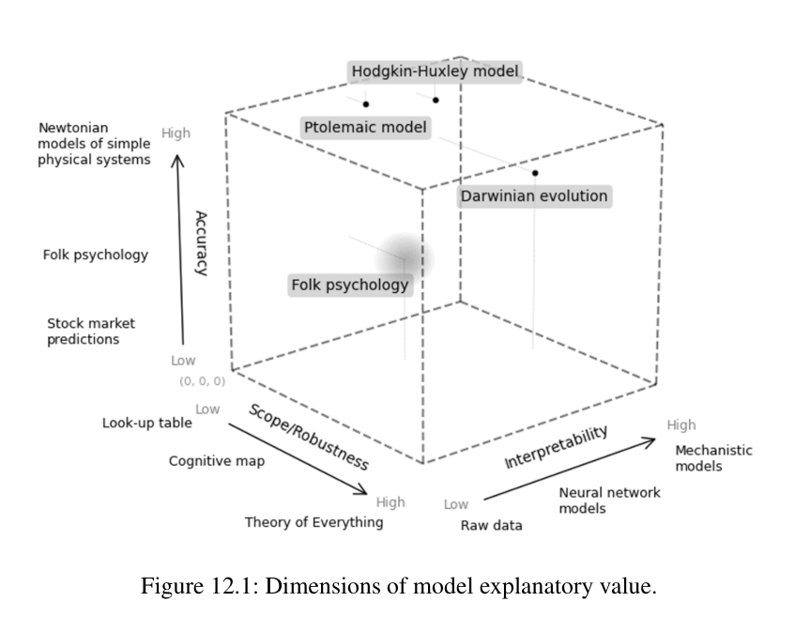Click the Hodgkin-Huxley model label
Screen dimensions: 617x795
[x=435, y=71]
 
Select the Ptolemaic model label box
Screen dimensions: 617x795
[x=366, y=128]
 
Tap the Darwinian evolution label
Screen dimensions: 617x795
[x=534, y=197]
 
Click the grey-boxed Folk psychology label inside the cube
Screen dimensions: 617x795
[x=350, y=285]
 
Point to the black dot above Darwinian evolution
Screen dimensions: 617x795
[x=535, y=173]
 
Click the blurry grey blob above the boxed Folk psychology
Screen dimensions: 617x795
[x=405, y=255]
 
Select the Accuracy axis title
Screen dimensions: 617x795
[x=200, y=242]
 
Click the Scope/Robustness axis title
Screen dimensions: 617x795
[x=308, y=437]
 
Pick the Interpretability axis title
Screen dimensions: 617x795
[x=557, y=447]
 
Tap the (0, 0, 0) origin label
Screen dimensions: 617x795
[x=202, y=382]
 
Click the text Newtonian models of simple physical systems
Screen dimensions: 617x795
[x=94, y=144]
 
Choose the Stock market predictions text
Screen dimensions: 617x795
[x=84, y=332]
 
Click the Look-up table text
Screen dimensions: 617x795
[x=147, y=424]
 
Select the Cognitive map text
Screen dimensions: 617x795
[x=217, y=461]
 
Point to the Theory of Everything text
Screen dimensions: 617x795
[x=313, y=522]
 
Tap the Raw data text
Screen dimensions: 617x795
[x=491, y=526]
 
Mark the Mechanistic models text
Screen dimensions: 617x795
[x=713, y=458]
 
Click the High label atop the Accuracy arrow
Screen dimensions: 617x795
[x=176, y=133]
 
